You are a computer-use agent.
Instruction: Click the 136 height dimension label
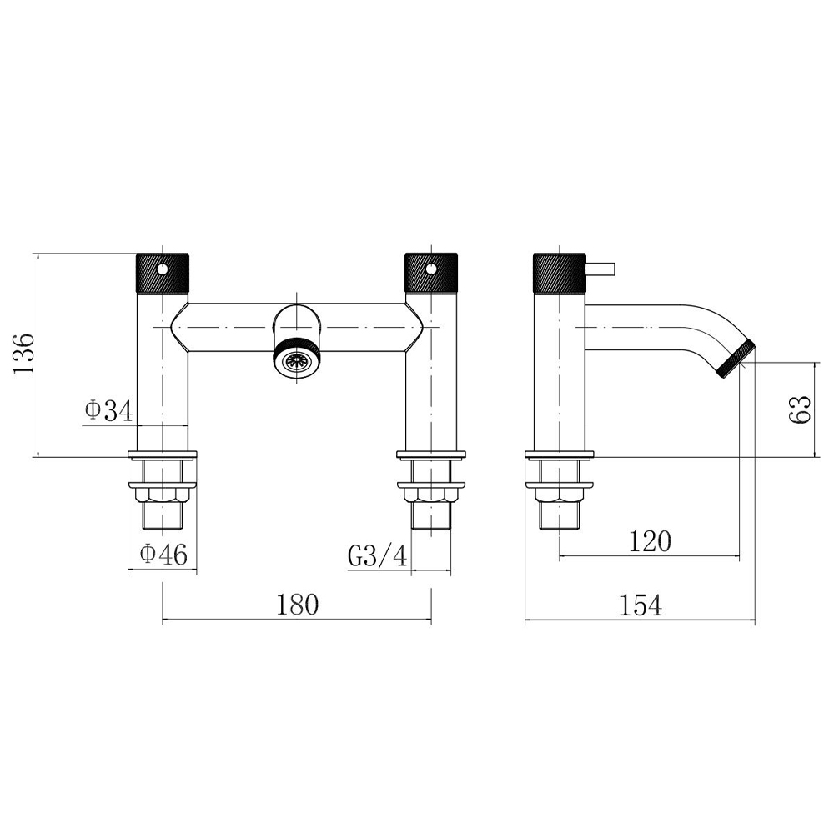(x=24, y=354)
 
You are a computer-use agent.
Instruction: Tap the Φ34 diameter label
(x=108, y=410)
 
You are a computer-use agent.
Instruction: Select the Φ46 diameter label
(x=163, y=555)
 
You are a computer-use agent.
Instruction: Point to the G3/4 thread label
(x=378, y=556)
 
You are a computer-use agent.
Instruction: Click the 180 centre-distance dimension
(x=298, y=605)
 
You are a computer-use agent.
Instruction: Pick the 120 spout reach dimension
(x=650, y=541)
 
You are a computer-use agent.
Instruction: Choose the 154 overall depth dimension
(x=641, y=605)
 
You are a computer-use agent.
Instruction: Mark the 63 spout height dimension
(x=800, y=409)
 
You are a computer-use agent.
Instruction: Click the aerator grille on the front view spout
(x=298, y=360)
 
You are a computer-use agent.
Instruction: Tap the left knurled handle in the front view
(x=163, y=273)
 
